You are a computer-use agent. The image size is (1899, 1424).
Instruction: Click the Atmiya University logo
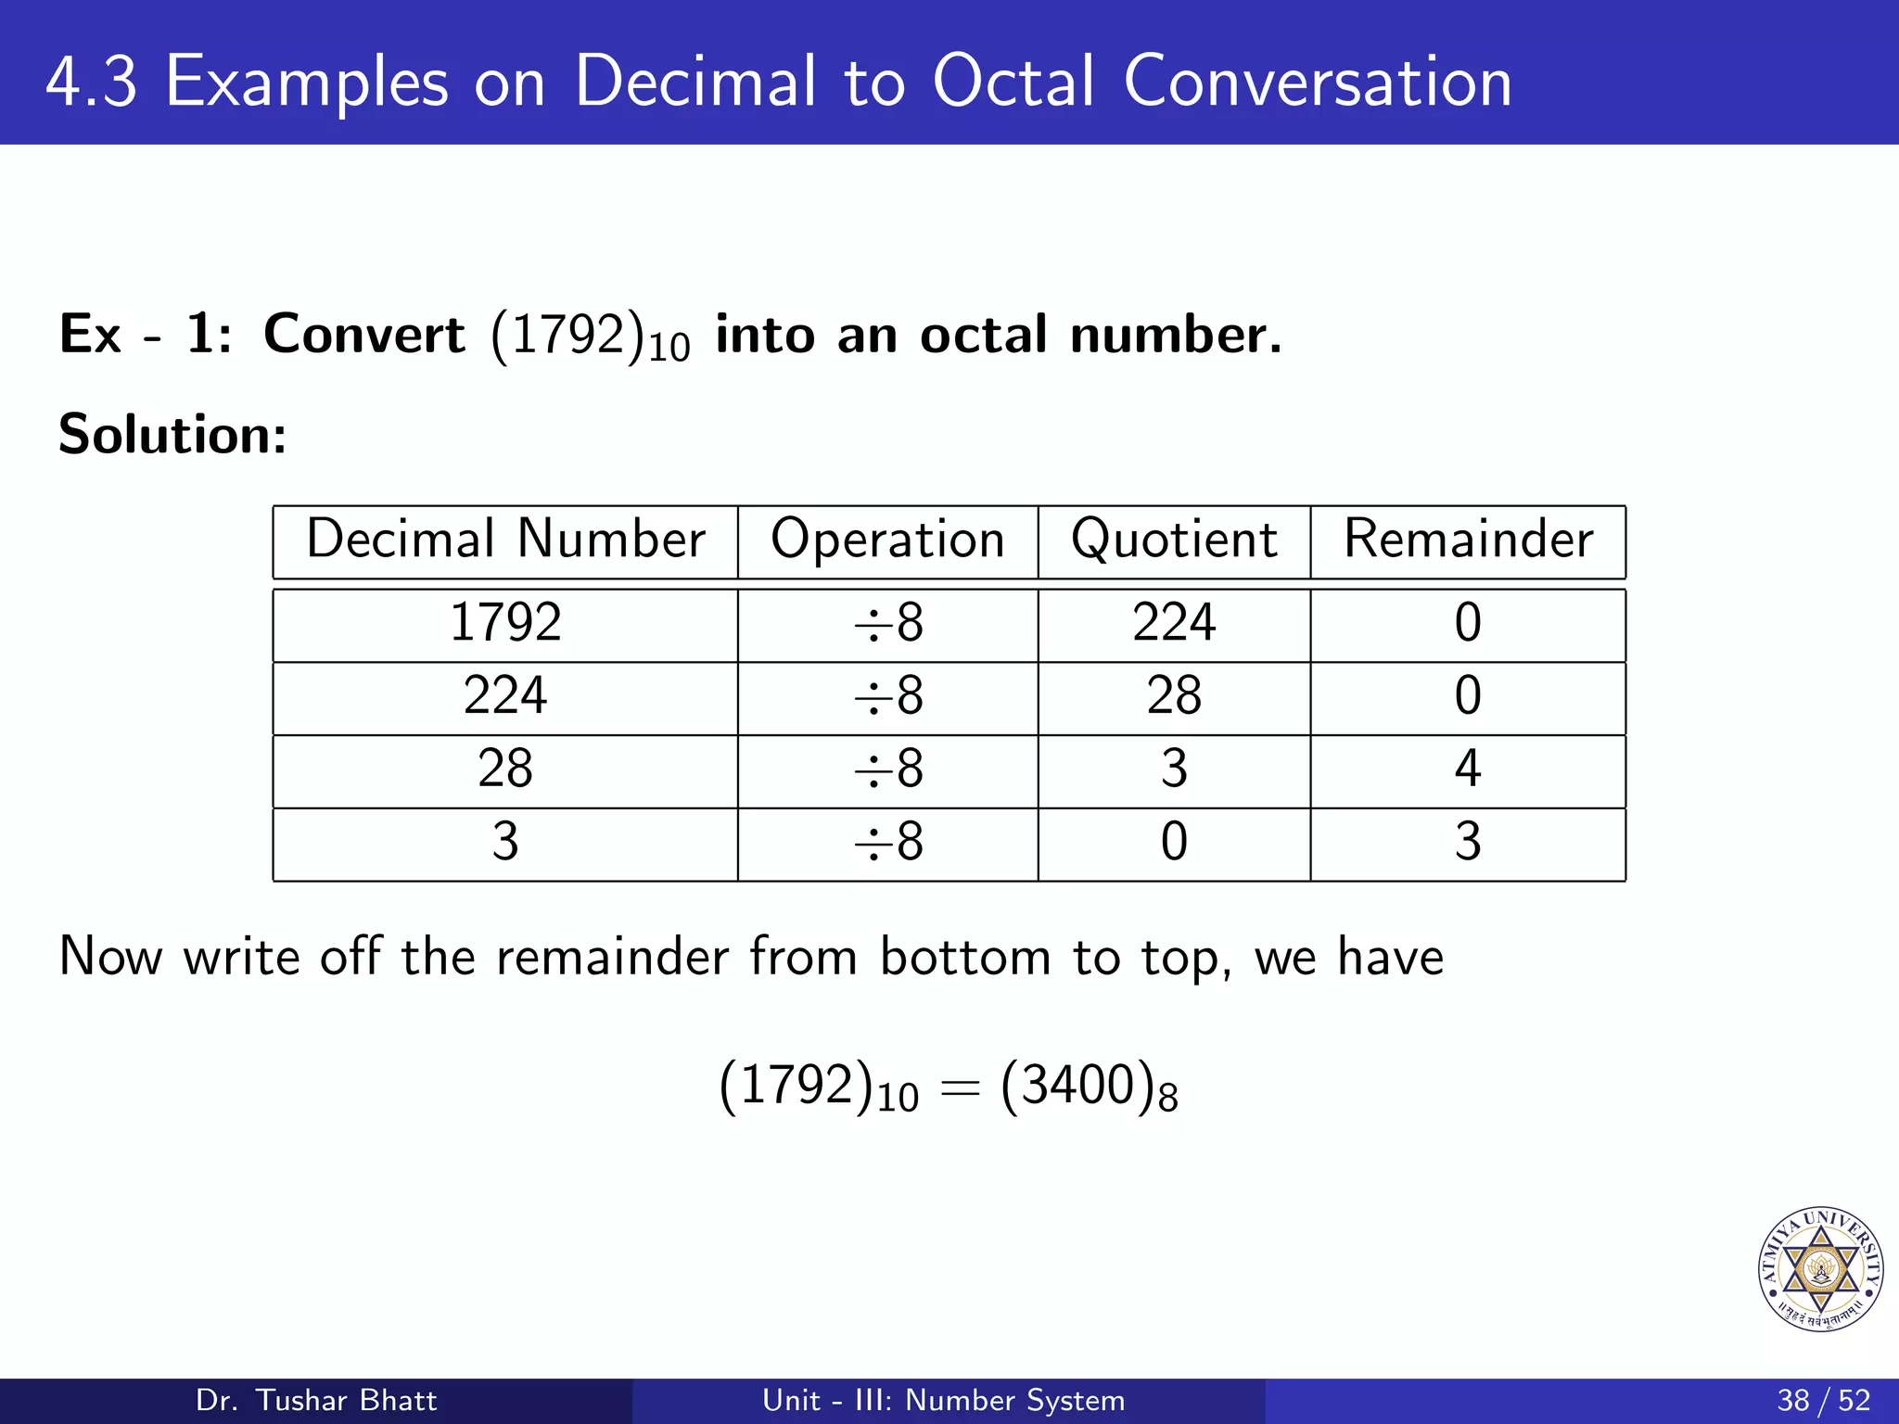click(x=1820, y=1269)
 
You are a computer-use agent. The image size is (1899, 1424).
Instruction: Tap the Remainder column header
click(x=1468, y=540)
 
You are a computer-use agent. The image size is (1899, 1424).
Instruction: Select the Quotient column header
click(x=1174, y=540)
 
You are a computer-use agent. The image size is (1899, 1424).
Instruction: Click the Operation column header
click(x=887, y=540)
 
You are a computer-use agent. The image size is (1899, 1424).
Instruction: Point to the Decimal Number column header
click(x=505, y=540)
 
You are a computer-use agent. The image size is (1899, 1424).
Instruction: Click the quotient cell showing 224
click(x=1174, y=622)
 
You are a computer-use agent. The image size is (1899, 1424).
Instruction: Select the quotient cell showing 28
click(x=1174, y=695)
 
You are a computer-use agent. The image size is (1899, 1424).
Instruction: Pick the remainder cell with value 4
click(x=1468, y=769)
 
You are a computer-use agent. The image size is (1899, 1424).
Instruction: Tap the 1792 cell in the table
click(x=505, y=622)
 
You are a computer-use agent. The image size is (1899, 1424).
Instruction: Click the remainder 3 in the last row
click(x=1468, y=842)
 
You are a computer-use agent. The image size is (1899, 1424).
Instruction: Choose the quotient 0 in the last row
click(x=1174, y=842)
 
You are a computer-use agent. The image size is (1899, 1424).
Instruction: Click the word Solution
click(x=172, y=434)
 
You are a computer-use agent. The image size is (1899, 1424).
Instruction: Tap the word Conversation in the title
click(x=1317, y=82)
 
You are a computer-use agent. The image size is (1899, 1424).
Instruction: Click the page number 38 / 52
click(x=1823, y=1400)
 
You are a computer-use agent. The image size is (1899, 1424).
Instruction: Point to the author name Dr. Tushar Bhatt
click(x=316, y=1400)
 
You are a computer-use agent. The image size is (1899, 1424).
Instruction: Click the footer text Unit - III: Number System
click(x=943, y=1400)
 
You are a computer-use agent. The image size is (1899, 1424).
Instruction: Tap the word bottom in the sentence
click(x=964, y=957)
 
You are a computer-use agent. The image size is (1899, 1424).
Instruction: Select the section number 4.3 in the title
click(x=91, y=82)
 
